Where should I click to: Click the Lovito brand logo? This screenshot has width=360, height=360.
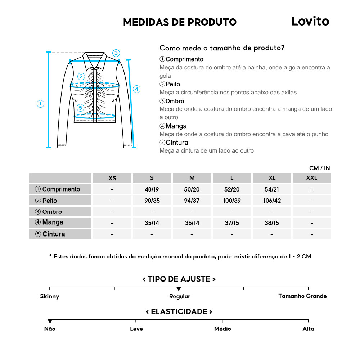310,22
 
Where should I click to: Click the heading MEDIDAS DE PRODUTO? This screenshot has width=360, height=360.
180,22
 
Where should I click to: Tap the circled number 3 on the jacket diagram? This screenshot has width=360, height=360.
116,53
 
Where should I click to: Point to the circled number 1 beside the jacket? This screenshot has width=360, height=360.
41,104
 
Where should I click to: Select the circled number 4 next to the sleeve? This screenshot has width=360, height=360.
136,89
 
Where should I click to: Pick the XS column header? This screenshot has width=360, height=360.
112,178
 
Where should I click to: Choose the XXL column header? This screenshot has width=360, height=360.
311,178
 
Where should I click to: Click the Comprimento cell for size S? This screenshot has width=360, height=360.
152,189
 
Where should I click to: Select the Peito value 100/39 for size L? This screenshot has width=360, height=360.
232,201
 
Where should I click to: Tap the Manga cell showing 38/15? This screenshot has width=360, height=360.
272,223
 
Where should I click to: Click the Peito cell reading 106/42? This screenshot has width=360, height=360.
272,201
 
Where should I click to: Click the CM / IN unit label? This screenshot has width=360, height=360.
319,168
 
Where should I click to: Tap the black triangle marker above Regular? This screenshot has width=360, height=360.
179,289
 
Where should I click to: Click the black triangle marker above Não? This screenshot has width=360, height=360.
50,321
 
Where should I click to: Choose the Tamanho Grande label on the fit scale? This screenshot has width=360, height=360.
302,296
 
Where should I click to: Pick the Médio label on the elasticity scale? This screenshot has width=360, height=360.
222,329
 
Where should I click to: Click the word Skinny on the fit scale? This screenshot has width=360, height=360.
50,296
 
